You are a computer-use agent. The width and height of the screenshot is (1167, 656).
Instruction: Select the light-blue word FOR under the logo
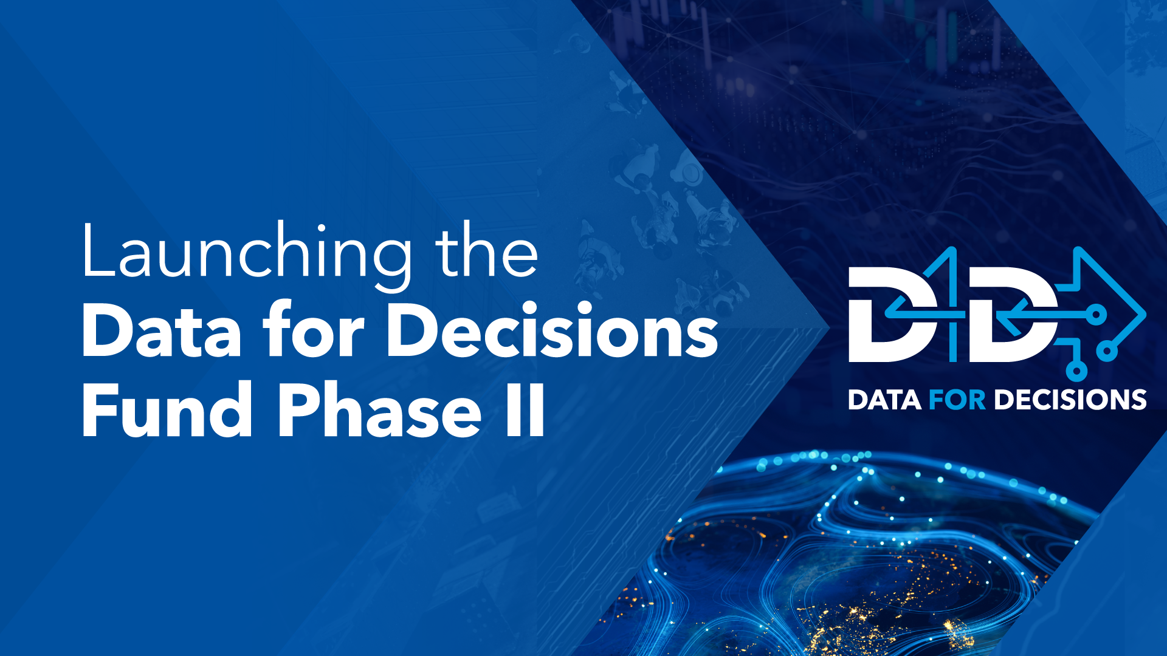tap(957, 400)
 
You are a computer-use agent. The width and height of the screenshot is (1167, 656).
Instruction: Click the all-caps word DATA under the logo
tap(884, 400)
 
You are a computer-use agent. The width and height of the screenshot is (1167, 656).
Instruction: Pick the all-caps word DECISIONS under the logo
tap(1070, 400)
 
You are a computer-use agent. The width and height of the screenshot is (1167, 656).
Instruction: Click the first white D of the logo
tap(897, 314)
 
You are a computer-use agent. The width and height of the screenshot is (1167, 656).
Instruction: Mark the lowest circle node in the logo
tap(1076, 371)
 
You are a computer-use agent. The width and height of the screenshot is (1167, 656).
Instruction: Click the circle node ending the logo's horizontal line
tap(1096, 315)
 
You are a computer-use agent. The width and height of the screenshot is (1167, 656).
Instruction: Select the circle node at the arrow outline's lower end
tap(1107, 352)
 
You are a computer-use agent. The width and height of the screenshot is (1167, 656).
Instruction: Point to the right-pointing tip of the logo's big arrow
tap(1145, 315)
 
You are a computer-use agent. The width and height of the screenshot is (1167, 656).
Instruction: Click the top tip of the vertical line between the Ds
tap(952, 248)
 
